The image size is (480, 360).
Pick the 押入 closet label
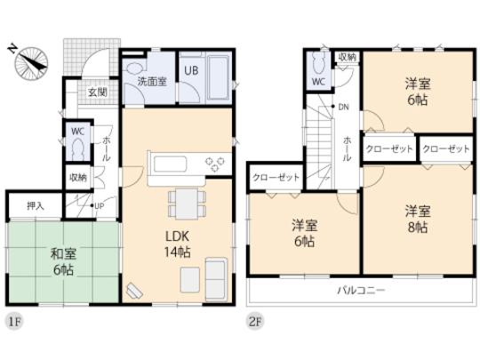(x=35, y=205)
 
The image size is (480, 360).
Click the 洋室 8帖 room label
(x=417, y=218)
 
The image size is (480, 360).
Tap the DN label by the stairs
(x=344, y=108)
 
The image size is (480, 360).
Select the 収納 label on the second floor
(x=347, y=57)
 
